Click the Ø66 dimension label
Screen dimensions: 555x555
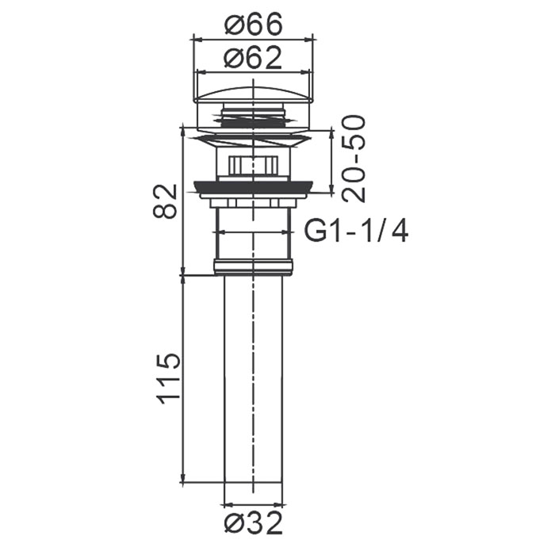(x=254, y=24)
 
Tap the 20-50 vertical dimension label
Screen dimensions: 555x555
(x=354, y=159)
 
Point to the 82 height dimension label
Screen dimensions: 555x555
(x=165, y=201)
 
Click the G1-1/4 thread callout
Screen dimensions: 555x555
(x=357, y=232)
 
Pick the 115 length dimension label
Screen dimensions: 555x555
(x=169, y=379)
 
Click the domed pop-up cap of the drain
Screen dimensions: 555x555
(x=254, y=95)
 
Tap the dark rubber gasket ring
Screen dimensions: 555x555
(x=254, y=187)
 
